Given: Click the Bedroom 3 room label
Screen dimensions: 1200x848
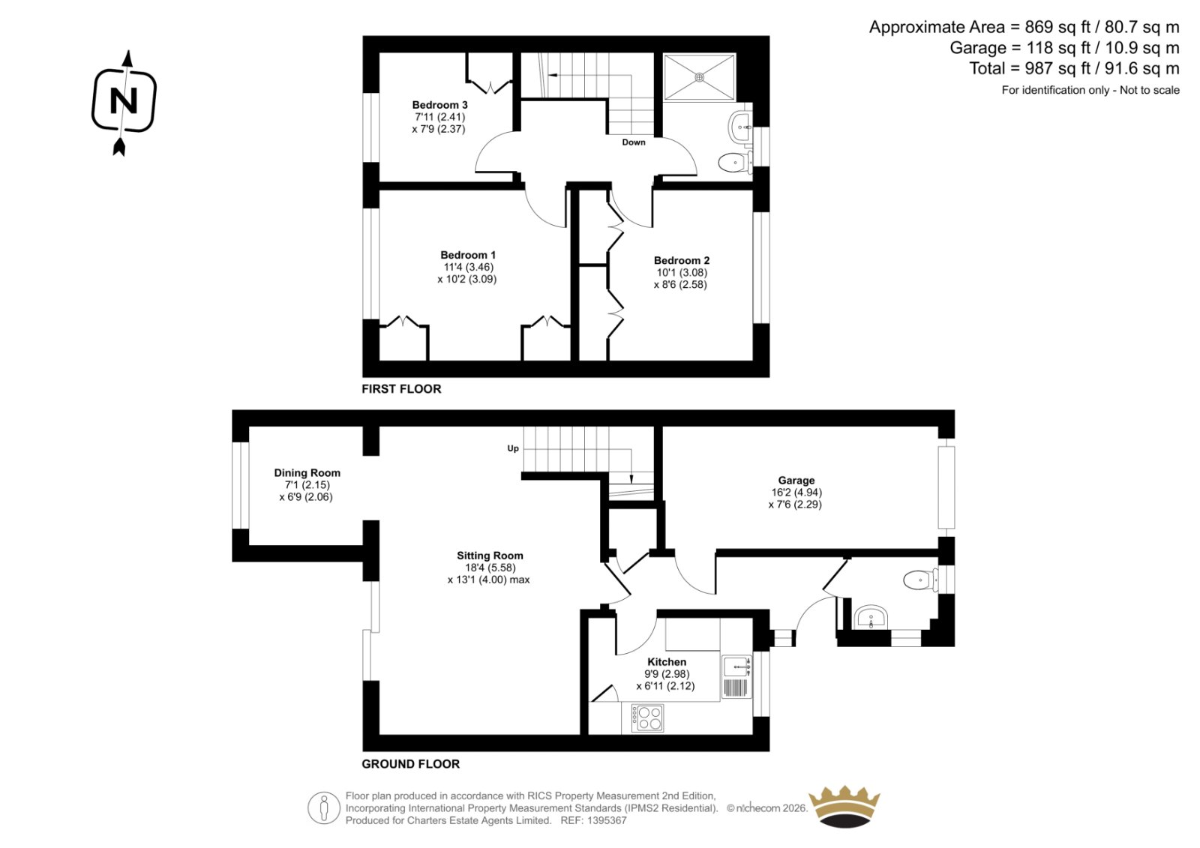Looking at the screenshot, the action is click(x=439, y=105).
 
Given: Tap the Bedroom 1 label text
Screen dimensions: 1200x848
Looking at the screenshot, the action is click(x=468, y=255).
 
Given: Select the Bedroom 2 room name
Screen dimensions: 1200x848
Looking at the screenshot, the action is click(x=682, y=260).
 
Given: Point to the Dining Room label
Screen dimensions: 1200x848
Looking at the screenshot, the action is click(x=307, y=473).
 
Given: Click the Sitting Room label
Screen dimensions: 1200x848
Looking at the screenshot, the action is click(x=490, y=556).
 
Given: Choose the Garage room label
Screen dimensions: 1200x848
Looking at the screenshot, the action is click(x=796, y=481).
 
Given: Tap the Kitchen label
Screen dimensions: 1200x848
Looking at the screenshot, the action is click(x=667, y=662).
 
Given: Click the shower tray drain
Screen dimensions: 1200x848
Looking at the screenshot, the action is click(x=699, y=77).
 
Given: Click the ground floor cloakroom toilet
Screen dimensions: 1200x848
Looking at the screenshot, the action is click(x=920, y=580).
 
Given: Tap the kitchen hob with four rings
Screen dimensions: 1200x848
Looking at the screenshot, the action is click(x=647, y=718).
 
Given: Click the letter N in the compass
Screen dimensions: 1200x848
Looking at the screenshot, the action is click(x=123, y=100).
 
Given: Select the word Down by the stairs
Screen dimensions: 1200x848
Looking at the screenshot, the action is click(x=633, y=142).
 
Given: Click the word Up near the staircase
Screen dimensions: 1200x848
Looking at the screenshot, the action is click(x=513, y=449).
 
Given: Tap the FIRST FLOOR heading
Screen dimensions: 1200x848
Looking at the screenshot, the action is click(x=401, y=389).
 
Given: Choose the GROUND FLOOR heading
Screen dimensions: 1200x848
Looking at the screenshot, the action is click(x=410, y=764).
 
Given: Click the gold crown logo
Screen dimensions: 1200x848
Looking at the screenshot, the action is click(x=844, y=806).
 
